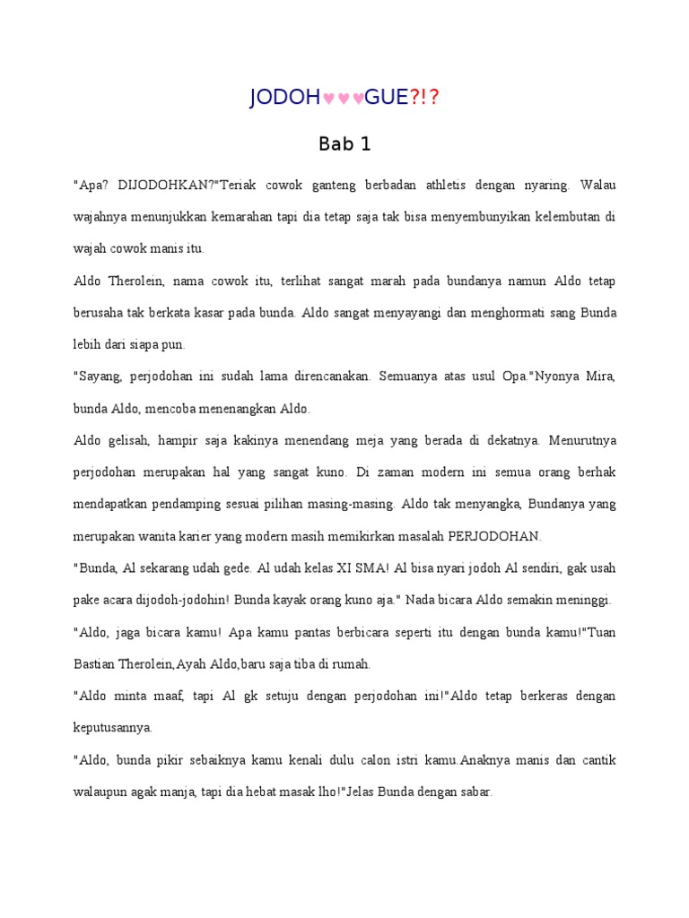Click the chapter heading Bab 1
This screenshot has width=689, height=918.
[x=344, y=143]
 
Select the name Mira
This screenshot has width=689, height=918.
[x=597, y=377]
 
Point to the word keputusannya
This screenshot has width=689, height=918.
[x=112, y=728]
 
